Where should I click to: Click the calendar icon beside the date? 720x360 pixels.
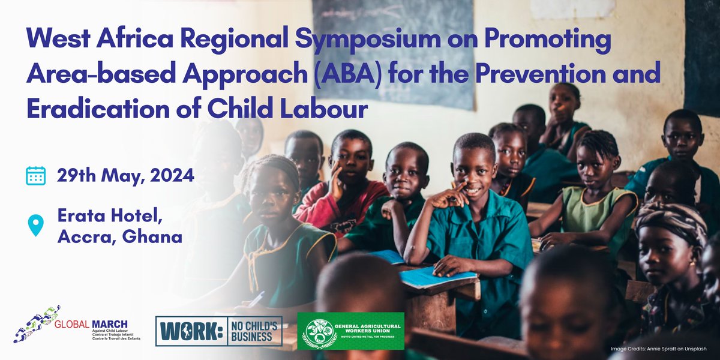coord(36,176)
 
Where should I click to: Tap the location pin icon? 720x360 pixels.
coord(36,225)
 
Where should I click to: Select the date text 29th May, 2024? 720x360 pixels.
coord(125,176)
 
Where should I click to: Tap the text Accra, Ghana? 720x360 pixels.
coord(119,236)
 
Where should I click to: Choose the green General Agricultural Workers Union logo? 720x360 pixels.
coord(350,331)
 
